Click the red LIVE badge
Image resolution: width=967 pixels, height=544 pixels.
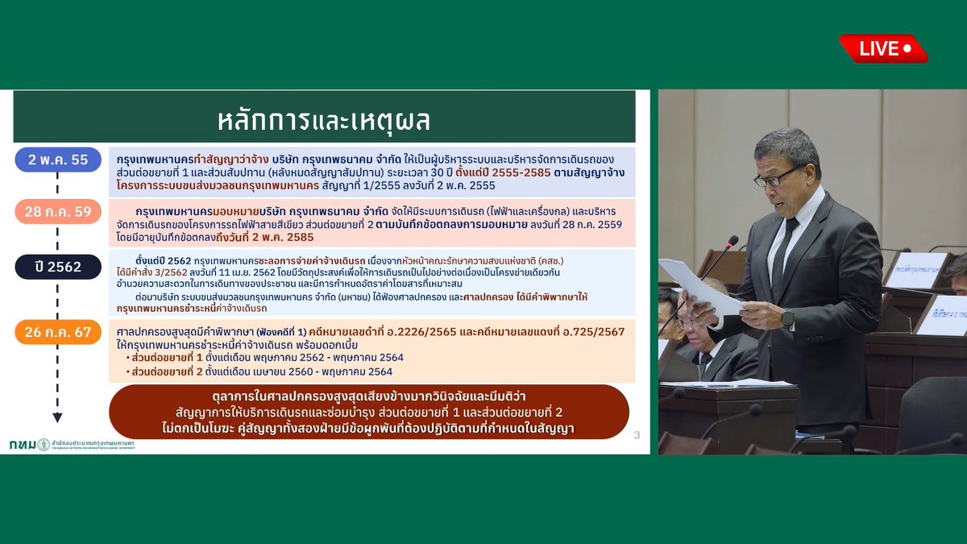(883, 48)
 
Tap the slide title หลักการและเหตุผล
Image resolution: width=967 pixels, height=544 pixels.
(324, 119)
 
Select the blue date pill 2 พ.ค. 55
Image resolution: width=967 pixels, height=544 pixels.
(58, 160)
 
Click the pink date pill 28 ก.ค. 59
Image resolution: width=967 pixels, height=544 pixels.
(58, 213)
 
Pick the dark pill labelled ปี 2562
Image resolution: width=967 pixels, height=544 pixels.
(58, 267)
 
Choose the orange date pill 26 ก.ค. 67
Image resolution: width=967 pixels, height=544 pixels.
(58, 332)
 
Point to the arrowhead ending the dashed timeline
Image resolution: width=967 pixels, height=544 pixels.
(57, 417)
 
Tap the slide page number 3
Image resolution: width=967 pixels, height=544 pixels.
(637, 436)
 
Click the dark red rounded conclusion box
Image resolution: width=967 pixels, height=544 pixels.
(369, 412)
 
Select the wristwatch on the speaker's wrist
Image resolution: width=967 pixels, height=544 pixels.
(787, 318)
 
